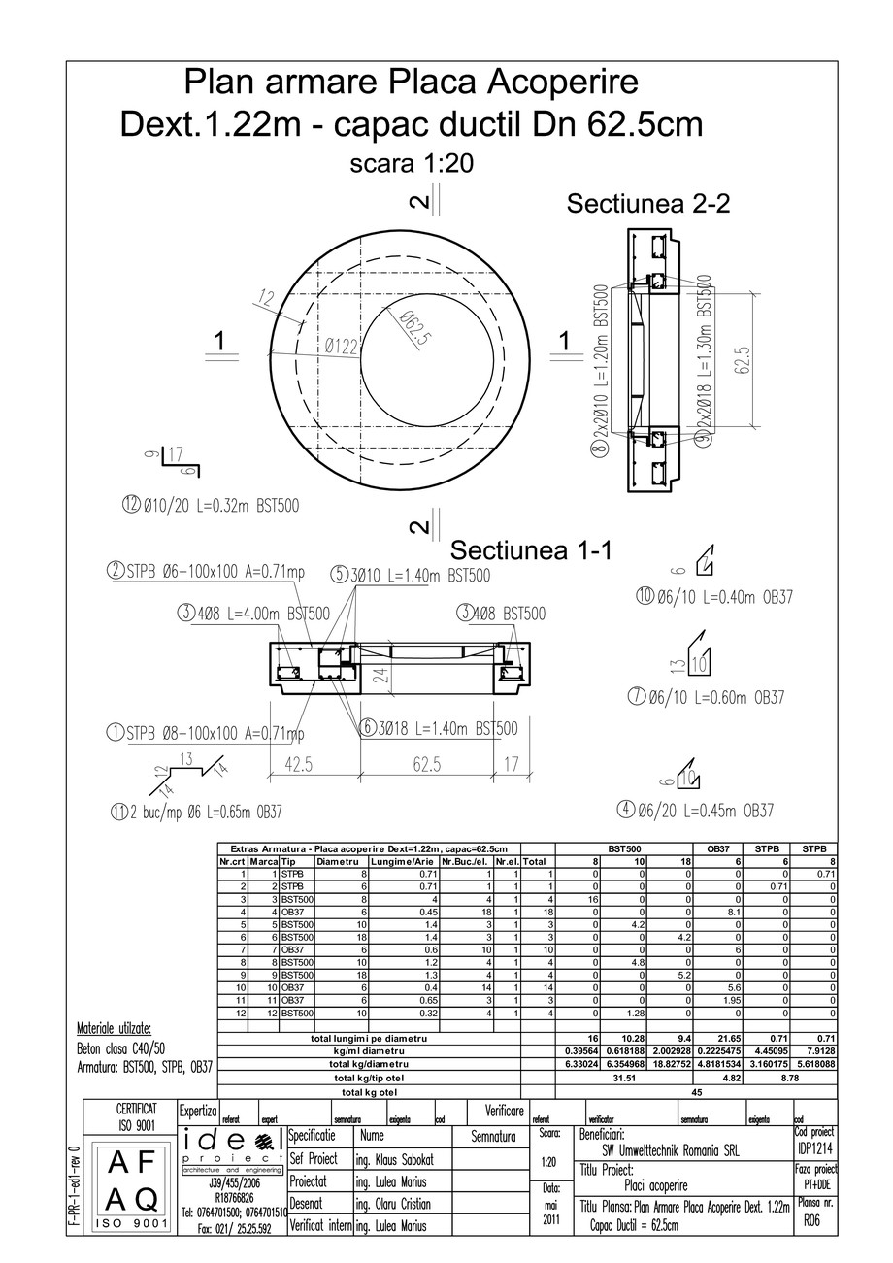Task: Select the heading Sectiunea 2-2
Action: pyautogui.click(x=647, y=204)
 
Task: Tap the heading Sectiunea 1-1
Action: pyautogui.click(x=532, y=550)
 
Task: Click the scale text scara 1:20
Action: pyautogui.click(x=411, y=164)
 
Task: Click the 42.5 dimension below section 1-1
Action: pyautogui.click(x=298, y=765)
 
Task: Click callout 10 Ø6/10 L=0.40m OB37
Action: pyautogui.click(x=713, y=597)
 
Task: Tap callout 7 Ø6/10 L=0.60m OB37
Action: pyautogui.click(x=706, y=697)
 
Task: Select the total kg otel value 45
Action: pyautogui.click(x=696, y=1091)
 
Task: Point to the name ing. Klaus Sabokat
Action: pyautogui.click(x=400, y=1159)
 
